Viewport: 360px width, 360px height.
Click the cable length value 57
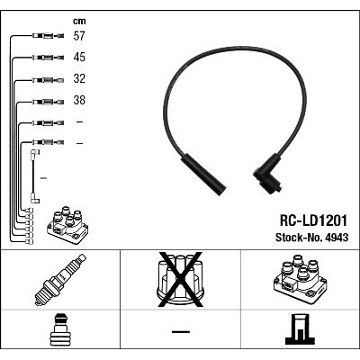[x=79, y=36]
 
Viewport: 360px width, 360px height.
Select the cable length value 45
[x=79, y=58]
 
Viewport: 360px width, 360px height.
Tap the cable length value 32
[x=79, y=78]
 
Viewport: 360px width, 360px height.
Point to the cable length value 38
[x=79, y=100]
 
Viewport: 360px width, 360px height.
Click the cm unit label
[x=79, y=21]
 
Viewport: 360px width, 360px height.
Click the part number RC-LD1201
[x=313, y=220]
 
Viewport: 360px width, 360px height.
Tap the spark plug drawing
[x=60, y=280]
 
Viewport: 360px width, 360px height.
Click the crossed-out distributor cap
[x=180, y=280]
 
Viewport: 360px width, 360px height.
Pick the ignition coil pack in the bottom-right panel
[x=300, y=279]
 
